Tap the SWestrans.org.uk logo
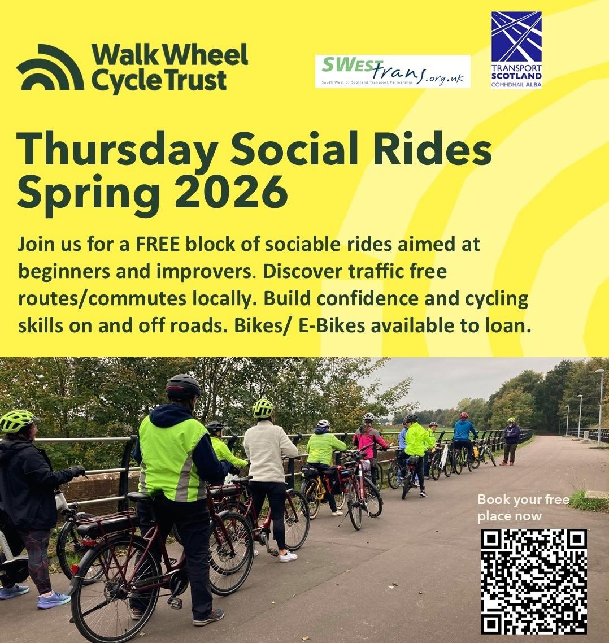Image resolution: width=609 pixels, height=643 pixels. click(393, 71)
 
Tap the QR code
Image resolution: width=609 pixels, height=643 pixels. click(534, 581)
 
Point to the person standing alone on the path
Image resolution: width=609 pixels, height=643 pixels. click(511, 441)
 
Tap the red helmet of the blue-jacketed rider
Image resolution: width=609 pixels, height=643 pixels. click(464, 415)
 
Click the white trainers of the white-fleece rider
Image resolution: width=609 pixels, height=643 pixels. click(288, 556)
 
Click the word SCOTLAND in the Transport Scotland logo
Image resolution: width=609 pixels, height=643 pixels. click(516, 76)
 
